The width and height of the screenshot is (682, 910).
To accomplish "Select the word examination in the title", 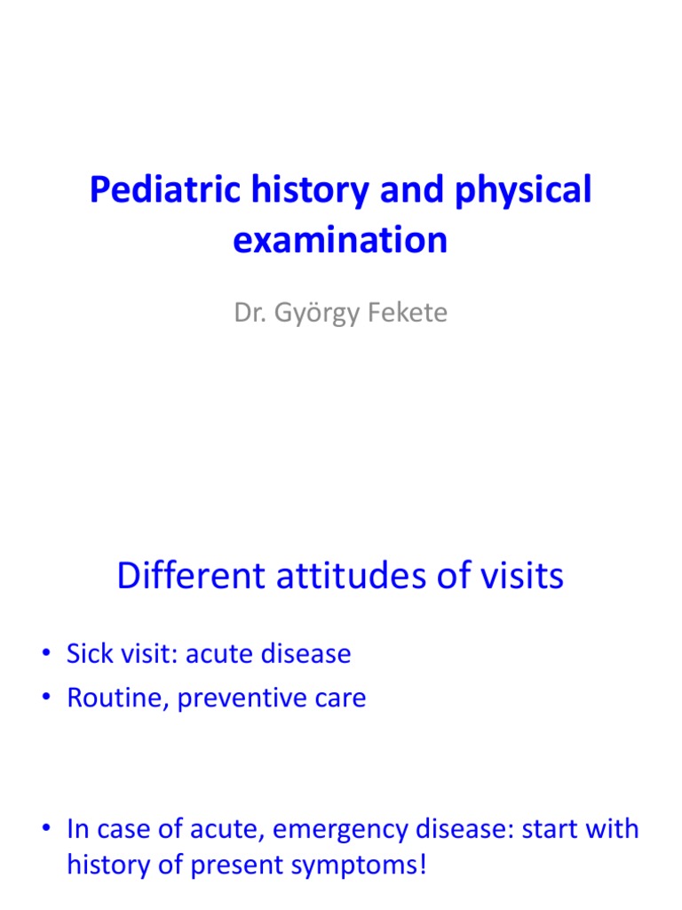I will click(340, 240).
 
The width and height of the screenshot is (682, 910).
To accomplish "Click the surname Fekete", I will click(408, 313).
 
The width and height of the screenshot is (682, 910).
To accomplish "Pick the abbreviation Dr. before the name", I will click(249, 313).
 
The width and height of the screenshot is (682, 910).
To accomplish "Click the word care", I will click(335, 698).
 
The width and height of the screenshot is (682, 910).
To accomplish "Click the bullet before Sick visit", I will click(45, 655).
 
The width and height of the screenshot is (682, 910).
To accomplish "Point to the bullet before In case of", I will click(45, 830).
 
